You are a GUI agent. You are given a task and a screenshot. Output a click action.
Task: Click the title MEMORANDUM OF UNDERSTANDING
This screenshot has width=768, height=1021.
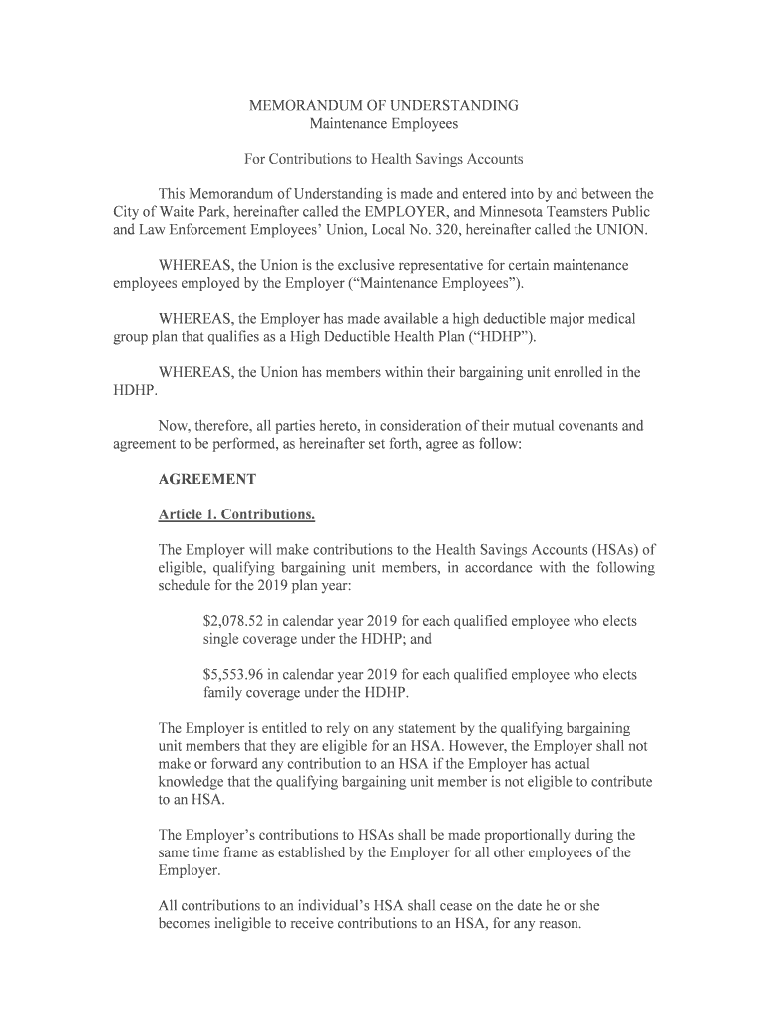pyautogui.click(x=384, y=105)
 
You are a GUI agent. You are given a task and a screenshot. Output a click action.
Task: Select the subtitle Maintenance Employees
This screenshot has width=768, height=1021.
pyautogui.click(x=384, y=124)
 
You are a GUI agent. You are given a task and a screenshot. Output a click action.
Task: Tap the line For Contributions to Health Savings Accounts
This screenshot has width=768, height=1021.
pyautogui.click(x=384, y=159)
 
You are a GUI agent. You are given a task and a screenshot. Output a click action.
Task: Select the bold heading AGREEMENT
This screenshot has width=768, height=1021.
pyautogui.click(x=207, y=479)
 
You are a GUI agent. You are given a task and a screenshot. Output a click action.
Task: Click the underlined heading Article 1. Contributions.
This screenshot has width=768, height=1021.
pyautogui.click(x=237, y=514)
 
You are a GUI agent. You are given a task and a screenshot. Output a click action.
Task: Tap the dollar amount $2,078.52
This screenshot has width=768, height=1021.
pyautogui.click(x=237, y=621)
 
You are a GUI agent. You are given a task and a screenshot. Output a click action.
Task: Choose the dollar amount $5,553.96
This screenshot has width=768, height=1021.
pyautogui.click(x=237, y=675)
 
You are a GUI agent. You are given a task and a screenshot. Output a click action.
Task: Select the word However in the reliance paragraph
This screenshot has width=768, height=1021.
pyautogui.click(x=480, y=746)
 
